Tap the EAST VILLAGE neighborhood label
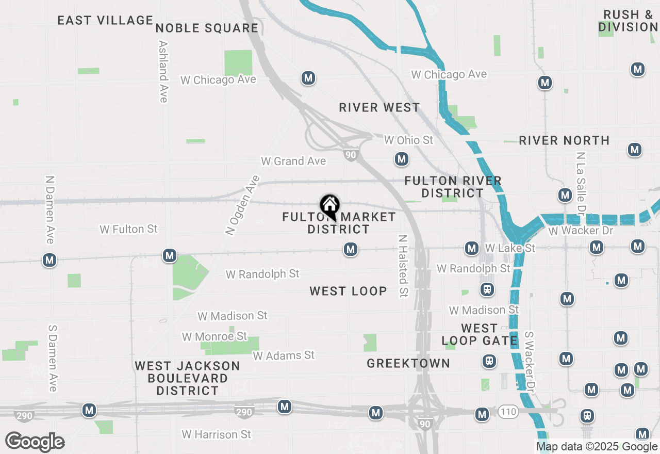[x=105, y=21]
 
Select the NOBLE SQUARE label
[x=207, y=28]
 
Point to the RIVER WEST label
[x=379, y=107]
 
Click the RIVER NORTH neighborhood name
[x=564, y=140]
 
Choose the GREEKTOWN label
[x=408, y=363]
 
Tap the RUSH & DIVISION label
[x=628, y=21]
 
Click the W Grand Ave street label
[x=293, y=161]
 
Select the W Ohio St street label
[x=409, y=140]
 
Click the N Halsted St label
[x=403, y=266]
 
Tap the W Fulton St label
[x=128, y=229]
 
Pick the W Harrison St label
[x=217, y=434]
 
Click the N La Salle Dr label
[x=581, y=183]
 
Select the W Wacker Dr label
[x=581, y=231]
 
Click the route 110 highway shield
[x=508, y=412]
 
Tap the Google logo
[x=35, y=442]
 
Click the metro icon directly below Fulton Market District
[x=351, y=250]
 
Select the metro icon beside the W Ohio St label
[x=402, y=159]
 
